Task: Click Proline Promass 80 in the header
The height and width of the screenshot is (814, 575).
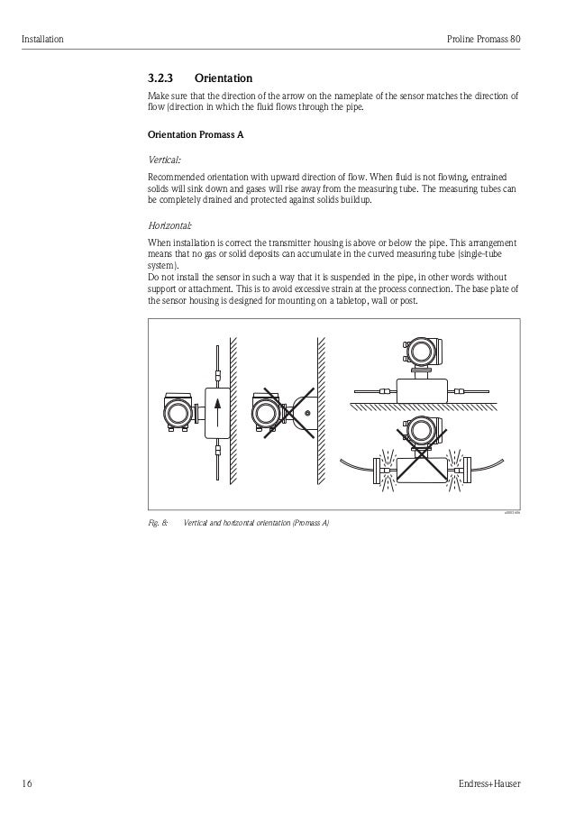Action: pyautogui.click(x=484, y=40)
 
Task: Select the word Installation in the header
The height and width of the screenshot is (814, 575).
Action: pyautogui.click(x=42, y=40)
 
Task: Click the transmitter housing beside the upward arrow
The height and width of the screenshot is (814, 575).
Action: pyautogui.click(x=178, y=414)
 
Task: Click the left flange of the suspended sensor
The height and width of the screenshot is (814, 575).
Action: pyautogui.click(x=376, y=468)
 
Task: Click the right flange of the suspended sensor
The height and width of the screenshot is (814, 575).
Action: pyautogui.click(x=465, y=468)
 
